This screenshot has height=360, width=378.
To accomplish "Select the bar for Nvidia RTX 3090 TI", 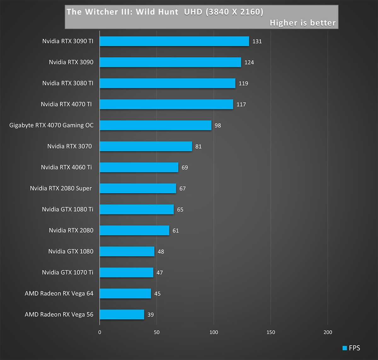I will (174, 41).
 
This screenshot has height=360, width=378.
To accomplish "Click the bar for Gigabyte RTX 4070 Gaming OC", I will (156, 125).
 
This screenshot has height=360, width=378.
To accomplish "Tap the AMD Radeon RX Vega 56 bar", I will (122, 314).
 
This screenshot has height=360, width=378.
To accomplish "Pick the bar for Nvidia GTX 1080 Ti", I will (137, 209).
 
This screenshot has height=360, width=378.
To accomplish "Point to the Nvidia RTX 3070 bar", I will (146, 146).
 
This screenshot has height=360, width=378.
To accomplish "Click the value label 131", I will (257, 42).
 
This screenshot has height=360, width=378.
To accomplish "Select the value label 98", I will (218, 126).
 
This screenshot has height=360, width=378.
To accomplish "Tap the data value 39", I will (151, 315).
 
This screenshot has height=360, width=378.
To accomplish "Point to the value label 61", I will (175, 231).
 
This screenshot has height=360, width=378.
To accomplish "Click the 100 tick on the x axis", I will (214, 332).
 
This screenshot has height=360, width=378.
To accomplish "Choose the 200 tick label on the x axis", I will (328, 332).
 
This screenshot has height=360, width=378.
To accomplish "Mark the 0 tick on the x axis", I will (100, 332).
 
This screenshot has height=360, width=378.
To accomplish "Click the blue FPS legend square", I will (345, 348).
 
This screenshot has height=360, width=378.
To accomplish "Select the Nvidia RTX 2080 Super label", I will (61, 188).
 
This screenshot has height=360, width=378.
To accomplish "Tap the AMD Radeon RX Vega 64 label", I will (59, 293).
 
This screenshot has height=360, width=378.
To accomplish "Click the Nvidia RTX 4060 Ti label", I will (66, 167).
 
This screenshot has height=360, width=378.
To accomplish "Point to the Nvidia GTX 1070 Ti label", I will (68, 272).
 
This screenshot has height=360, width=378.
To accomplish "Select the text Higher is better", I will (303, 23).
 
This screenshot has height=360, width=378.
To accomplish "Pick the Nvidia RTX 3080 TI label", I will (68, 83).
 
